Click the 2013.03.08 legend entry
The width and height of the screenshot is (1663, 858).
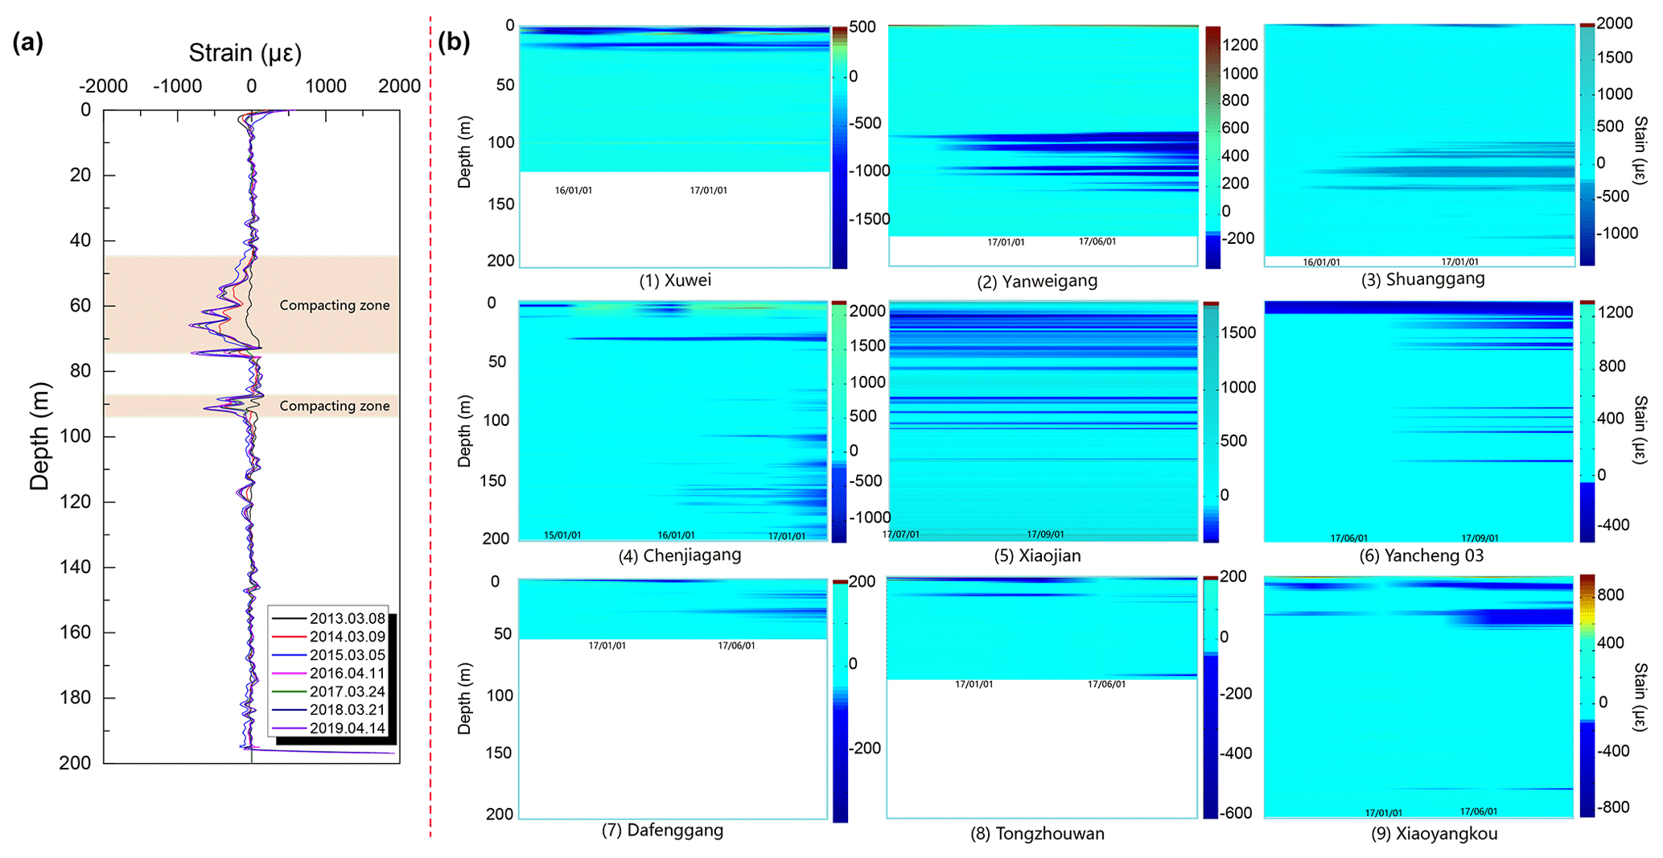pyautogui.click(x=347, y=619)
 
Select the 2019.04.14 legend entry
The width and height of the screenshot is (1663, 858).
pyautogui.click(x=347, y=728)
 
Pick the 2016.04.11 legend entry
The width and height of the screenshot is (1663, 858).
pyautogui.click(x=347, y=674)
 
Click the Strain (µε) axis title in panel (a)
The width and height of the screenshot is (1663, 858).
pyautogui.click(x=245, y=53)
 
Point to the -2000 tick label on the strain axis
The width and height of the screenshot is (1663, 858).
pyautogui.click(x=104, y=86)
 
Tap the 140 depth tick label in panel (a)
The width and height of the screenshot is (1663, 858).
pyautogui.click(x=75, y=567)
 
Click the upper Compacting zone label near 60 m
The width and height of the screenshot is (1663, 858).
pyautogui.click(x=335, y=306)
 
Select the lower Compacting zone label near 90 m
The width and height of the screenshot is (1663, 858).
pyautogui.click(x=335, y=406)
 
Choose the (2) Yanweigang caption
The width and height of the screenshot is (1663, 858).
pyautogui.click(x=1037, y=282)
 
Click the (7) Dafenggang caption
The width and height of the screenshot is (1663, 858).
pyautogui.click(x=662, y=831)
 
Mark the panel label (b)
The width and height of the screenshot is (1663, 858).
pyautogui.click(x=454, y=42)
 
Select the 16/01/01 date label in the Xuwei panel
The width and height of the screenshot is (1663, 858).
pyautogui.click(x=574, y=191)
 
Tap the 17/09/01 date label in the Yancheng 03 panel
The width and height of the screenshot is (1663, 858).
pyautogui.click(x=1480, y=538)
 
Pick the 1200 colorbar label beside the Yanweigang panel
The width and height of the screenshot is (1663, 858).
pyautogui.click(x=1240, y=45)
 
